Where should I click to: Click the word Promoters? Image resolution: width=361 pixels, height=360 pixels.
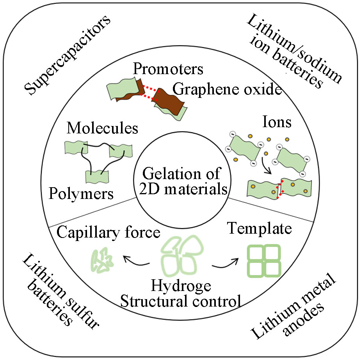click(x=168, y=70)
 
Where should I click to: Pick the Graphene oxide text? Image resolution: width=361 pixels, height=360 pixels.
click(x=227, y=90)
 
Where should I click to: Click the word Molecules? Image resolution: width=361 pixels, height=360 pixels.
click(x=102, y=128)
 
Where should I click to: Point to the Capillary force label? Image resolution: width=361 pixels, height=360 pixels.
click(x=109, y=233)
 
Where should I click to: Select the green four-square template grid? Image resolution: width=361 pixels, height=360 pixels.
click(x=264, y=261)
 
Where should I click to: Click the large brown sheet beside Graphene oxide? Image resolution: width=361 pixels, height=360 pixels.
click(x=169, y=101)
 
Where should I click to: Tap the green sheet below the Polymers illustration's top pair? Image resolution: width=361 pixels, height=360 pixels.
click(x=96, y=176)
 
